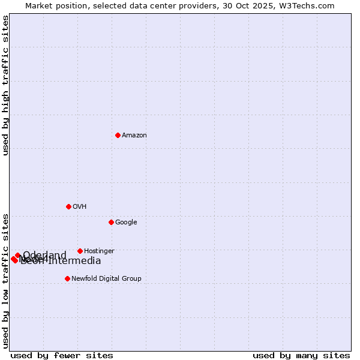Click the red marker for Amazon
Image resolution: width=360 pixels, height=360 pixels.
[x=118, y=135]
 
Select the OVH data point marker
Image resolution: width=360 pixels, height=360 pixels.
[x=68, y=206]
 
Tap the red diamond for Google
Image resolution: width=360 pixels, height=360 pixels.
[x=111, y=222]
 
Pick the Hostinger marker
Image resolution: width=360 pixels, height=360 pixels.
[x=80, y=251]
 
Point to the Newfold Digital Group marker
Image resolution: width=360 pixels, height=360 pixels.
[x=67, y=278]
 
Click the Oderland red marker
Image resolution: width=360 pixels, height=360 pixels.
[x=17, y=256]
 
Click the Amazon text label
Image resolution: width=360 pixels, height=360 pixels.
[x=134, y=136]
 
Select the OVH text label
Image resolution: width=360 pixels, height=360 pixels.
[x=80, y=207]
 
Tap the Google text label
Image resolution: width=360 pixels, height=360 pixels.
[x=126, y=223]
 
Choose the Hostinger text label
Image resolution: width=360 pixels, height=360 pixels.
[x=99, y=251]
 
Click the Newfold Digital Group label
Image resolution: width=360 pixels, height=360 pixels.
[x=106, y=279]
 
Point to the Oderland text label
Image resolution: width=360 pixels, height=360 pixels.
[x=45, y=256]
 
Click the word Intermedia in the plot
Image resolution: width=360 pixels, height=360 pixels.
[x=74, y=261]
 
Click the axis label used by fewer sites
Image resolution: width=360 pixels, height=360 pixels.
[x=62, y=355]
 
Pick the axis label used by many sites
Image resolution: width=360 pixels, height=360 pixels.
[x=301, y=355]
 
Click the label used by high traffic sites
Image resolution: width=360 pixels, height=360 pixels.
[x=6, y=85]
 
